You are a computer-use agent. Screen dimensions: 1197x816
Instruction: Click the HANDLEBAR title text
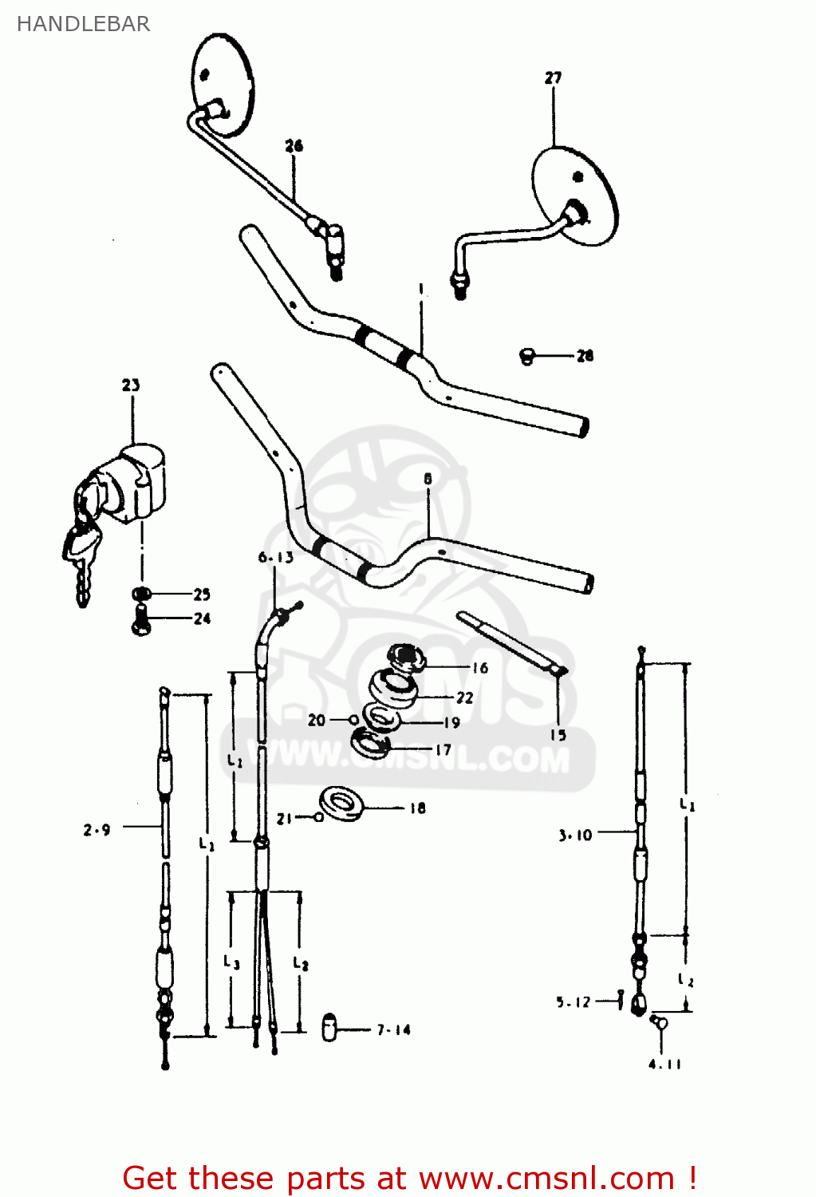pos(83,24)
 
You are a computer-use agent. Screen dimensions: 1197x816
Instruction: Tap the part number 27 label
pos(553,77)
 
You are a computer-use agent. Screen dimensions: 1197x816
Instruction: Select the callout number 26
pos(294,145)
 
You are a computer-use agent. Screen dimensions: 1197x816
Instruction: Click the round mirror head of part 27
pos(575,196)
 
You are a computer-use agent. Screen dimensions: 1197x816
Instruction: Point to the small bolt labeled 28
pos(526,357)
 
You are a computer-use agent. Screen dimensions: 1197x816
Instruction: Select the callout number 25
pos(202,594)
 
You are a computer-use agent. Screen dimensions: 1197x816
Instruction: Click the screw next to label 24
pos(141,619)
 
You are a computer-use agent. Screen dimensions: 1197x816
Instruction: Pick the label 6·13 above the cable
pos(275,557)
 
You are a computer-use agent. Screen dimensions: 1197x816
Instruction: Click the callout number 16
pos(479,667)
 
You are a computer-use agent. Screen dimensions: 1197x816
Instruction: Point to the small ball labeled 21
pos(319,817)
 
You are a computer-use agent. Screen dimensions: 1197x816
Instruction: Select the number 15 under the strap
pos(558,735)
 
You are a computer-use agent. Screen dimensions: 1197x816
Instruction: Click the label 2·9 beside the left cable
pos(97,830)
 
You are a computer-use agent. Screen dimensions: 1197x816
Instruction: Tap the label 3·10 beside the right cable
pos(575,835)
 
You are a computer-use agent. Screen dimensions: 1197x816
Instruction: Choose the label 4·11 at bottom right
pos(664,1064)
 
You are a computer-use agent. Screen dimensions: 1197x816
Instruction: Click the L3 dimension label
pos(231,962)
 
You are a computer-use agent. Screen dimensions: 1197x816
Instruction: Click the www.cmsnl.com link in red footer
pos(546,1178)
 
